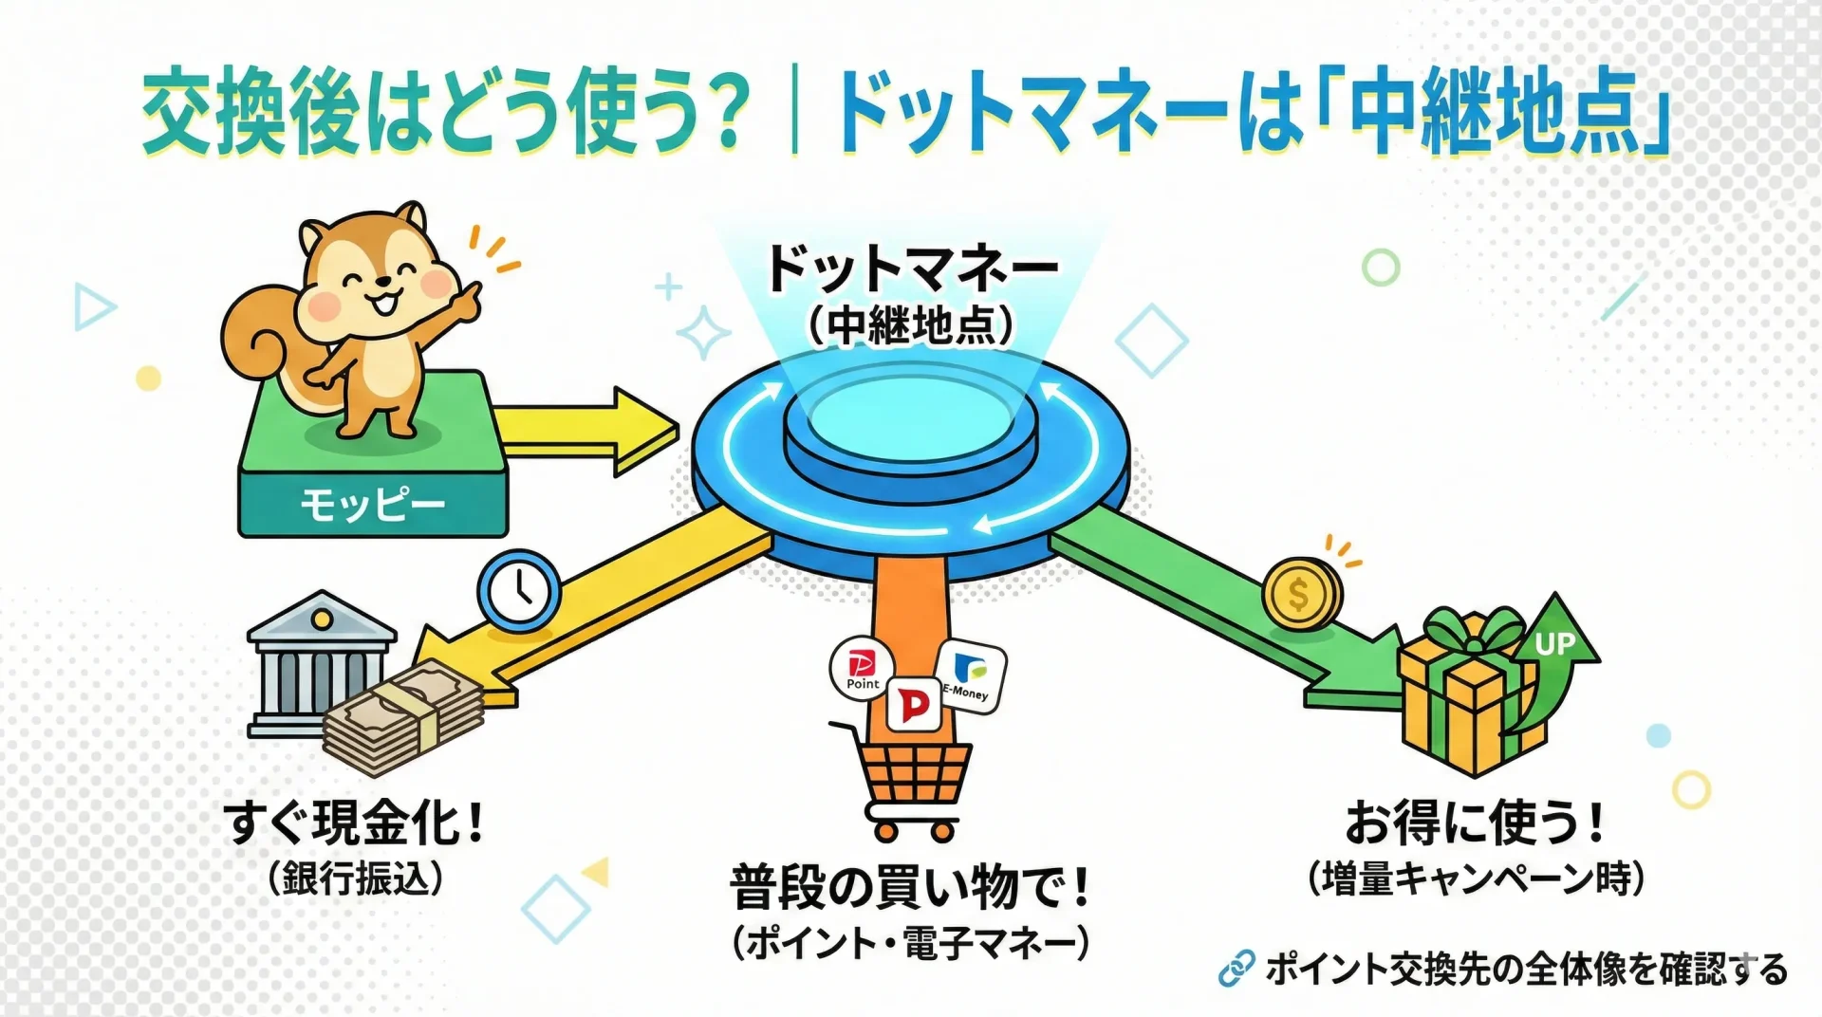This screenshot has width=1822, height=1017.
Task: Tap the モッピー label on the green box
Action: (373, 504)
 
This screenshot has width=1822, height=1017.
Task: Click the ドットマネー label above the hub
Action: (911, 268)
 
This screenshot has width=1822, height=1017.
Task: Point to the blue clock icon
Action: (519, 590)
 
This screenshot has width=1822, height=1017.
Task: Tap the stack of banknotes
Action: (402, 717)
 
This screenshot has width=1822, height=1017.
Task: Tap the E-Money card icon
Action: (970, 676)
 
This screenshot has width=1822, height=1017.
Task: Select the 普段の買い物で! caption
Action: (910, 886)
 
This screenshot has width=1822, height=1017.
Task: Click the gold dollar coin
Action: (1300, 594)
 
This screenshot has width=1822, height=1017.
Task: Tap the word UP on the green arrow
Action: (1554, 645)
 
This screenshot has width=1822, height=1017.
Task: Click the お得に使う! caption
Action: (1475, 822)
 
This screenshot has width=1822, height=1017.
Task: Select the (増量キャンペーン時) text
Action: (1476, 878)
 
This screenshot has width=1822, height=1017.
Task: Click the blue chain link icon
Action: (1236, 969)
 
